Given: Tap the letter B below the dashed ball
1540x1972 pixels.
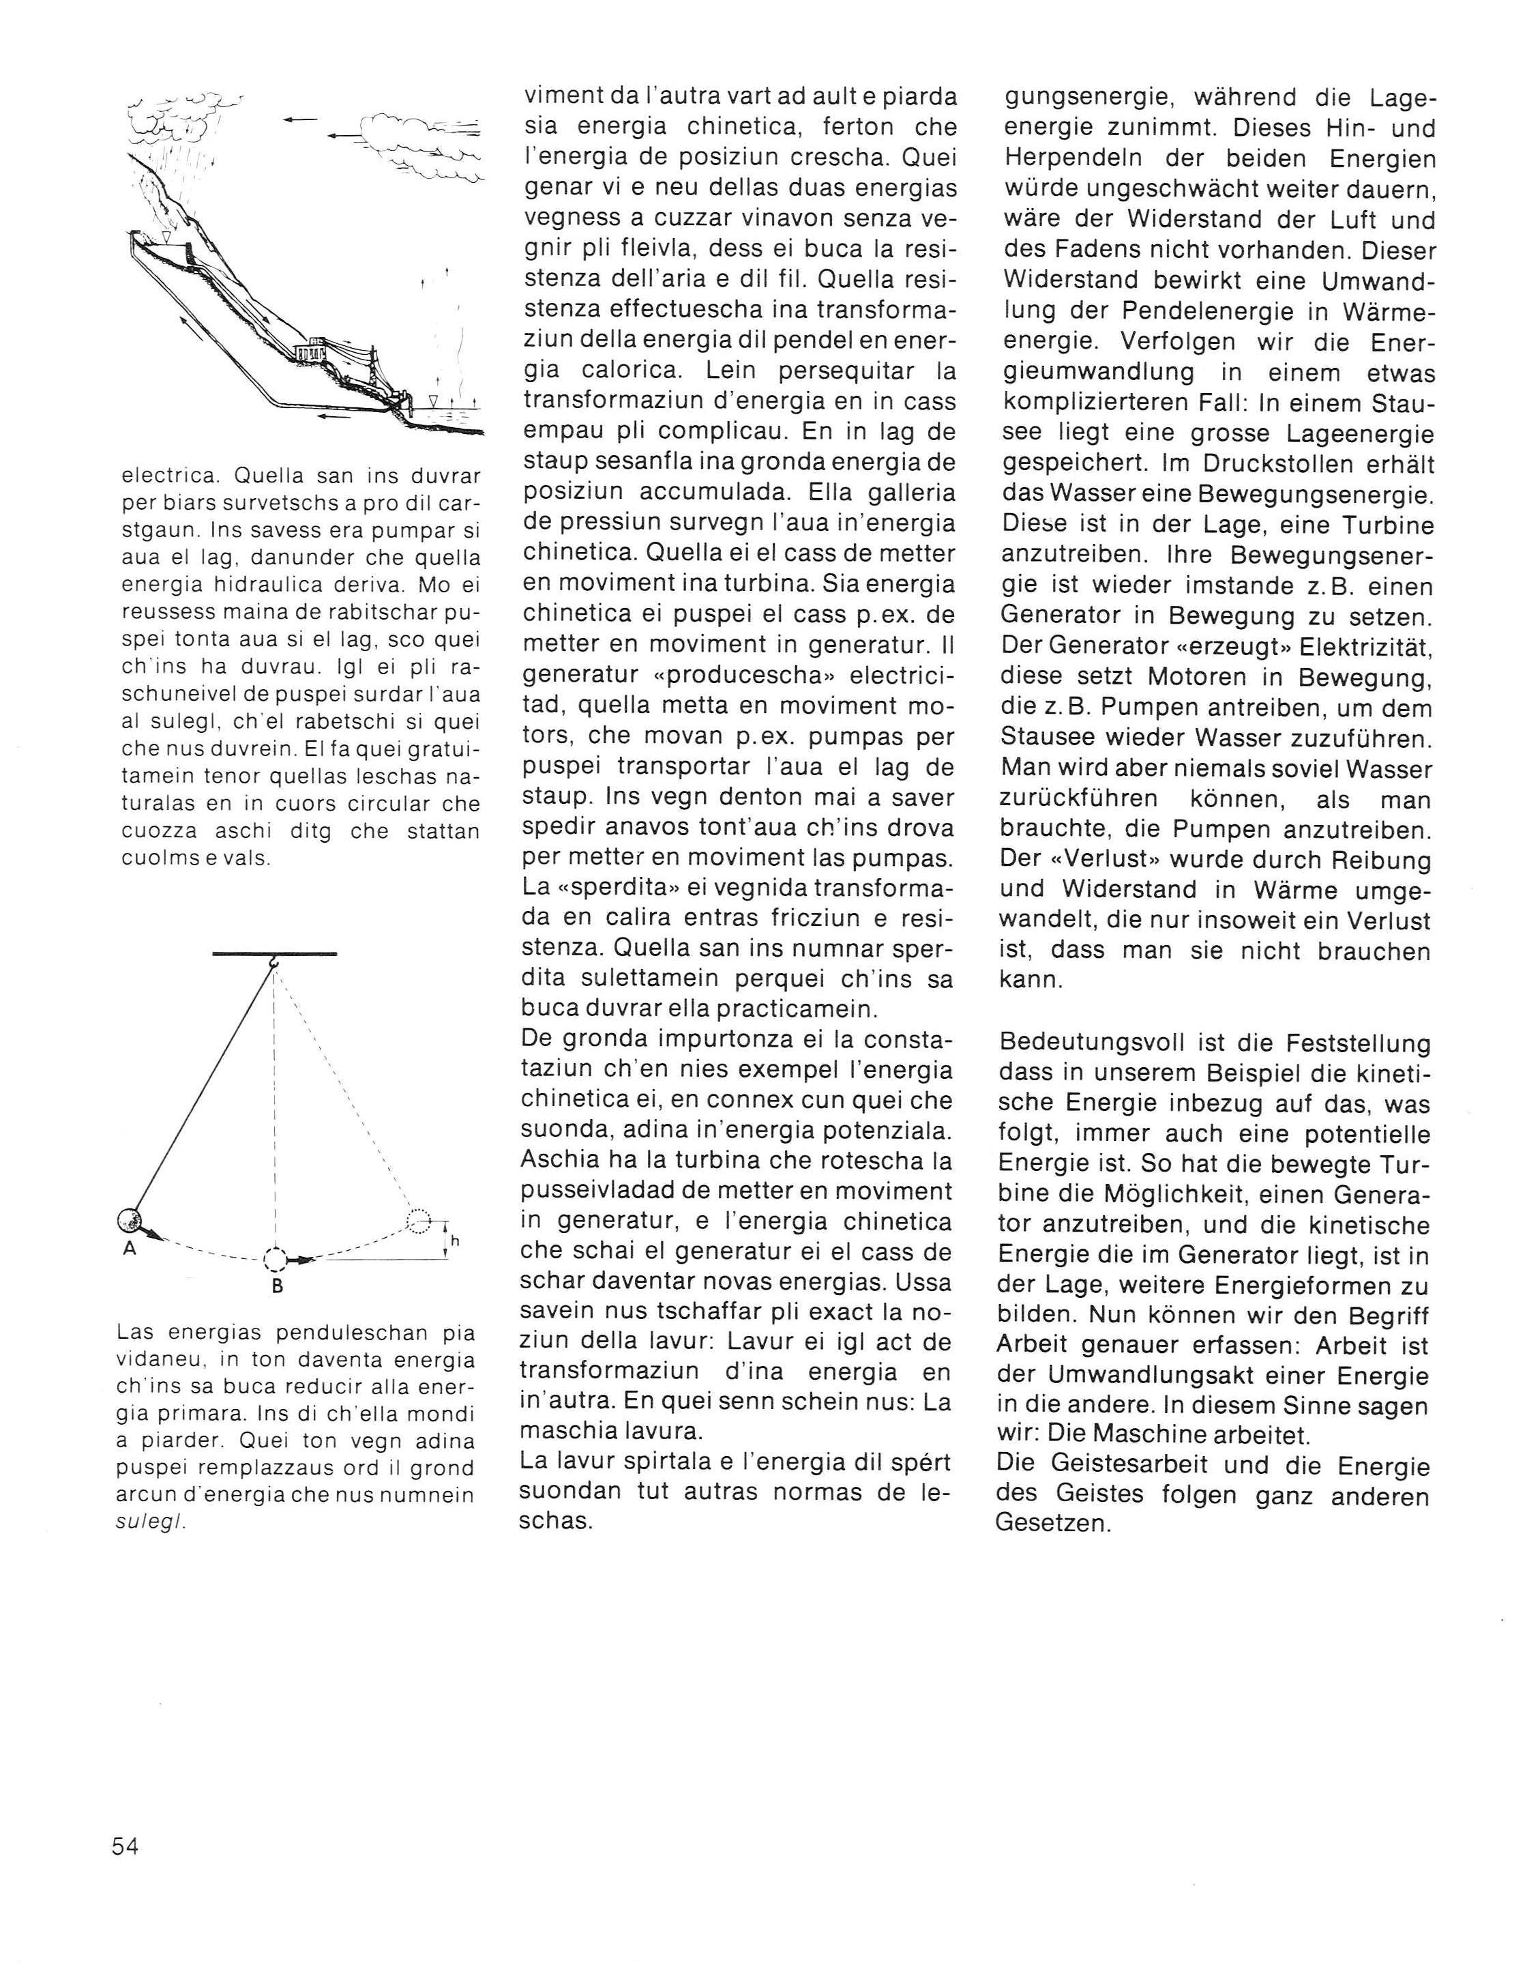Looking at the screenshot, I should (277, 1287).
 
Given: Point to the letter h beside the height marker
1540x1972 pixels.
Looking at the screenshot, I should (455, 1241).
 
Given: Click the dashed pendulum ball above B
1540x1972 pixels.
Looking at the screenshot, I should (276, 1259).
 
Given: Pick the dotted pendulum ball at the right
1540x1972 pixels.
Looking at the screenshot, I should (418, 1221).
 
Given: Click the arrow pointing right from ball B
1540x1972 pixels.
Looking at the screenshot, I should (301, 1259).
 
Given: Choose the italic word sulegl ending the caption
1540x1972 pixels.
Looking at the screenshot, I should (151, 1522).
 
